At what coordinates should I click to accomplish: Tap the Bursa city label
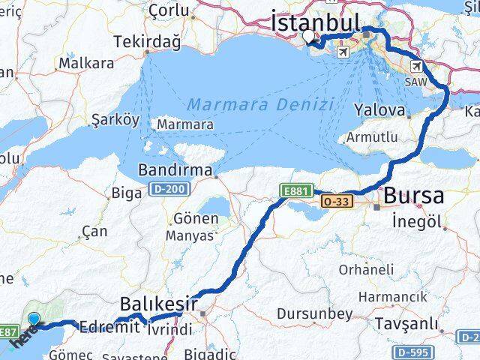(x=413, y=196)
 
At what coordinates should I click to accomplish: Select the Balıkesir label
(x=159, y=304)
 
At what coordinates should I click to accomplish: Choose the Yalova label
(x=380, y=111)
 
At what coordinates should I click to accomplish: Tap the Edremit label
(x=109, y=327)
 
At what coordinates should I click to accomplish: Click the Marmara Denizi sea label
(x=260, y=104)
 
